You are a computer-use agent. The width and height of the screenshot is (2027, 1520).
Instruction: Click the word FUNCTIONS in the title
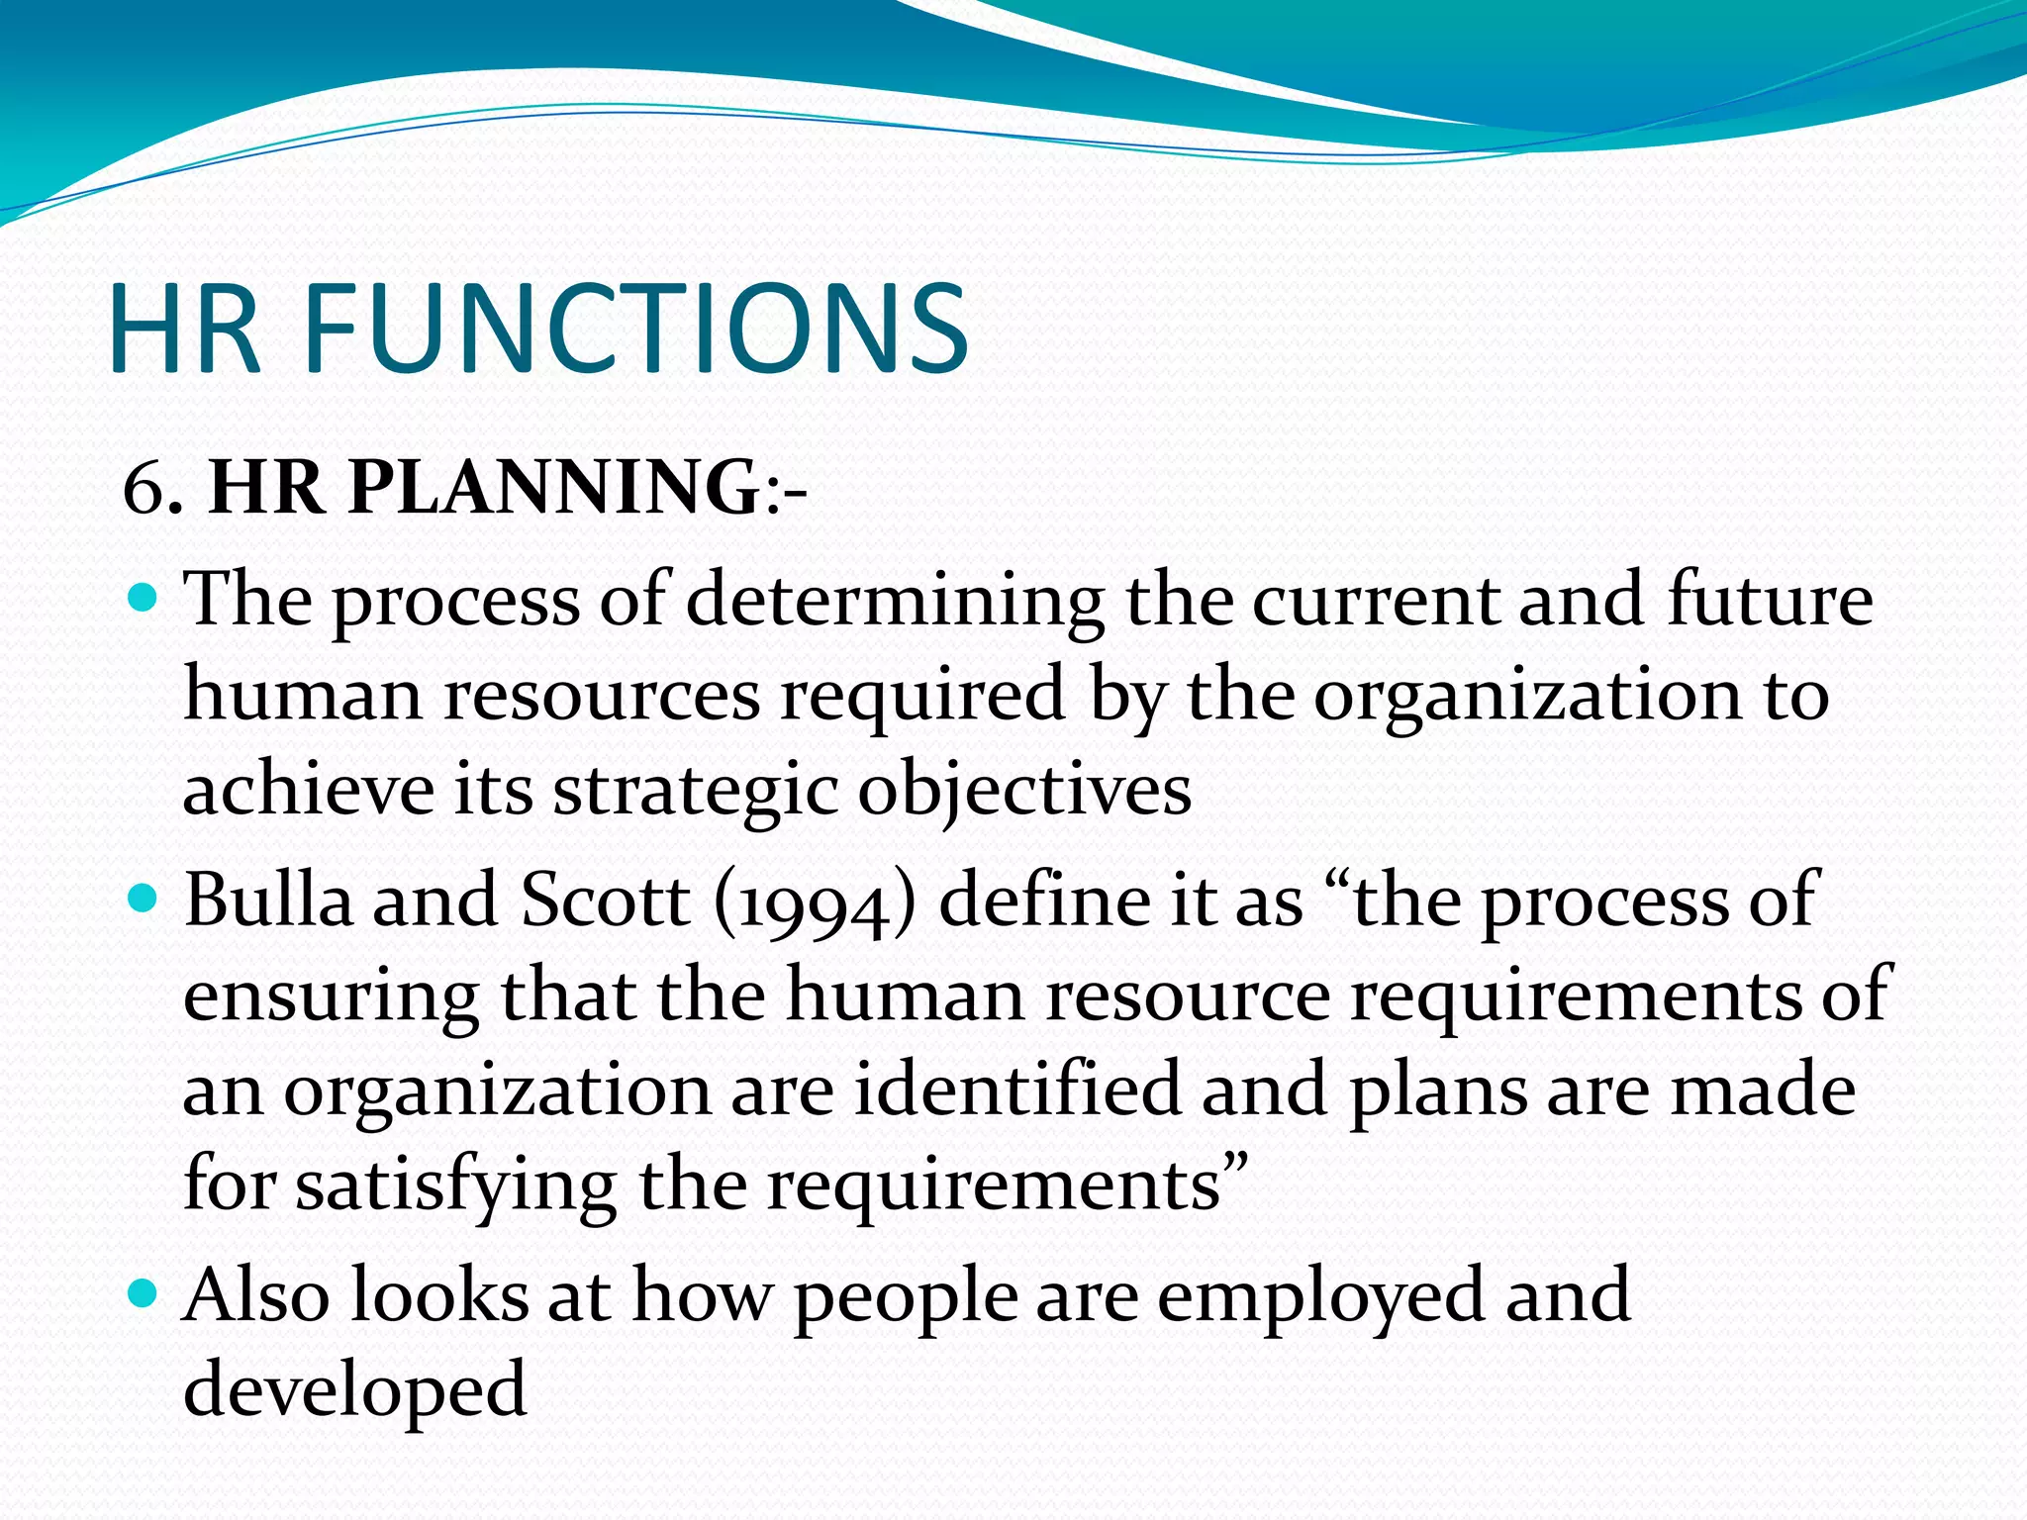click(634, 329)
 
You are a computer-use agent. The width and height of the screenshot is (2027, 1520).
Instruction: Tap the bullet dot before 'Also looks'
click(144, 1293)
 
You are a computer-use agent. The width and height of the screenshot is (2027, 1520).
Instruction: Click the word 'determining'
click(895, 601)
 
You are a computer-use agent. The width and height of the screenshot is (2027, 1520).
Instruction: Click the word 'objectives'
click(1024, 792)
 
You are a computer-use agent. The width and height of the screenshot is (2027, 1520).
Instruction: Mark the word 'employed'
click(1320, 1296)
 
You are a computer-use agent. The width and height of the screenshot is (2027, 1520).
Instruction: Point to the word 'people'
click(906, 1296)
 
